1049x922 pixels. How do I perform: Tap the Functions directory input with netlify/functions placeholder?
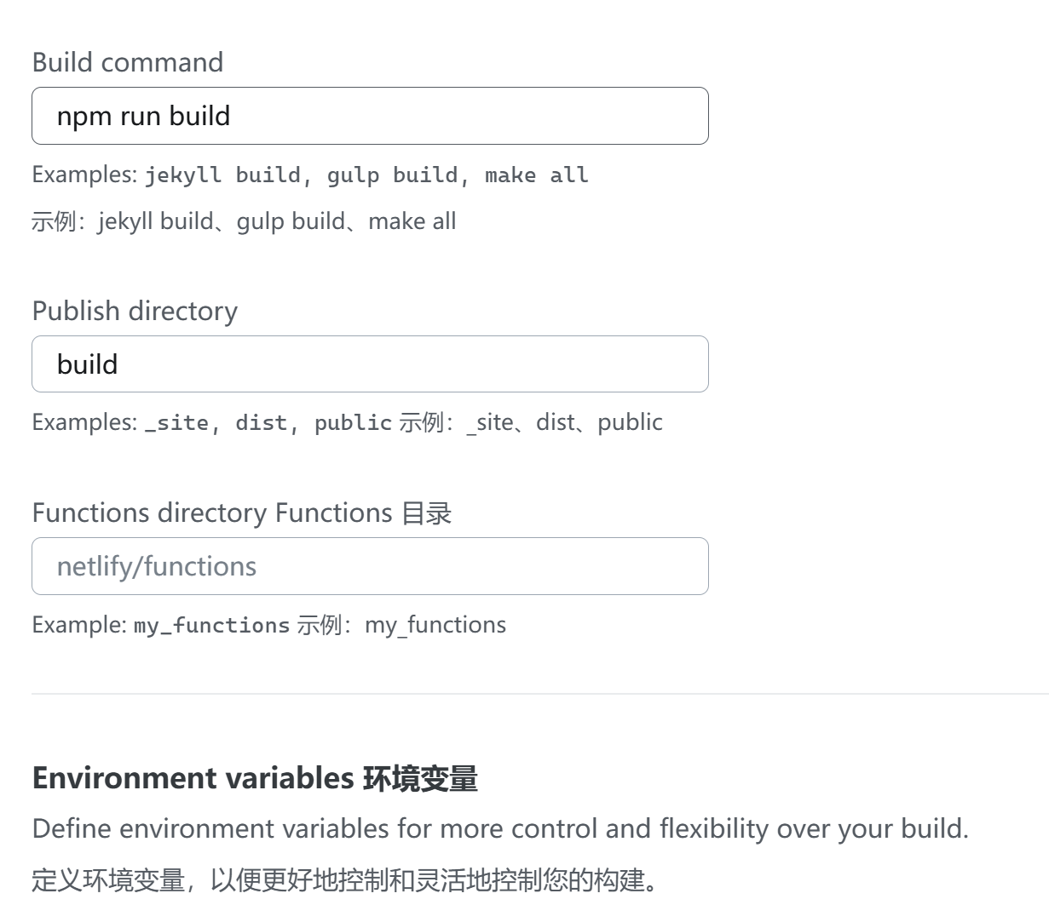pyautogui.click(x=370, y=566)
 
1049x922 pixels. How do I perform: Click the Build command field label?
pyautogui.click(x=128, y=62)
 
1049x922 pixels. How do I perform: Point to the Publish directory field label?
pyautogui.click(x=135, y=311)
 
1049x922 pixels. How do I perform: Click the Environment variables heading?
pyautogui.click(x=193, y=778)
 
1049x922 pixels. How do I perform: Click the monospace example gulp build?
pyautogui.click(x=392, y=175)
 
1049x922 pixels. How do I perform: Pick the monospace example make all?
pyautogui.click(x=536, y=175)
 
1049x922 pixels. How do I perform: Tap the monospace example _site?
pyautogui.click(x=176, y=423)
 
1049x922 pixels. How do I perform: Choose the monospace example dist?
pyautogui.click(x=261, y=423)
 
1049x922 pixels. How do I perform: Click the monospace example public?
pyautogui.click(x=353, y=423)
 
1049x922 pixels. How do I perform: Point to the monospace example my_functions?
pyautogui.click(x=211, y=626)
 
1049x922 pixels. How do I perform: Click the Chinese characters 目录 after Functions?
pyautogui.click(x=426, y=513)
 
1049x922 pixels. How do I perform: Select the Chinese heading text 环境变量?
pyautogui.click(x=420, y=778)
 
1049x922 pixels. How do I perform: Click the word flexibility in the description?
pyautogui.click(x=714, y=828)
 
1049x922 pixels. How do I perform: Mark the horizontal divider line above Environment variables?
pyautogui.click(x=540, y=694)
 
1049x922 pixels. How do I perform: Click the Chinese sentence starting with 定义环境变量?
pyautogui.click(x=345, y=879)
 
